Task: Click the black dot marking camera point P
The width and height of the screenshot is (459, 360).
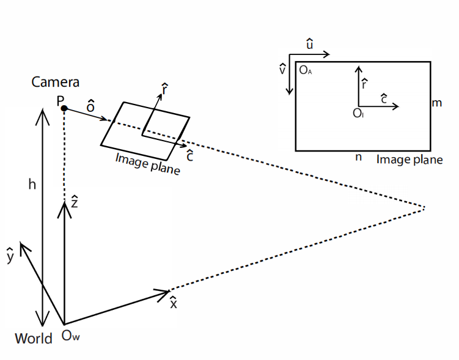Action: (x=64, y=108)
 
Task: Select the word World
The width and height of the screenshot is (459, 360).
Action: (x=34, y=338)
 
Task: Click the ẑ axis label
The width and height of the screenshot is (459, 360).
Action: (x=74, y=201)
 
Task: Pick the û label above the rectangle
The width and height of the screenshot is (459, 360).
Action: (x=310, y=44)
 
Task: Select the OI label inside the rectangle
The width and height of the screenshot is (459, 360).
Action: (x=359, y=113)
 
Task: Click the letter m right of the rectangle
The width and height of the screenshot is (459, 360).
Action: (x=436, y=103)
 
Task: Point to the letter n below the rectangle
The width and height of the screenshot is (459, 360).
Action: (x=358, y=157)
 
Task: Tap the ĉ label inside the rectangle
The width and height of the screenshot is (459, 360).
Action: (x=383, y=97)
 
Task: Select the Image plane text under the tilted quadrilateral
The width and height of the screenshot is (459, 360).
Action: (x=148, y=164)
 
